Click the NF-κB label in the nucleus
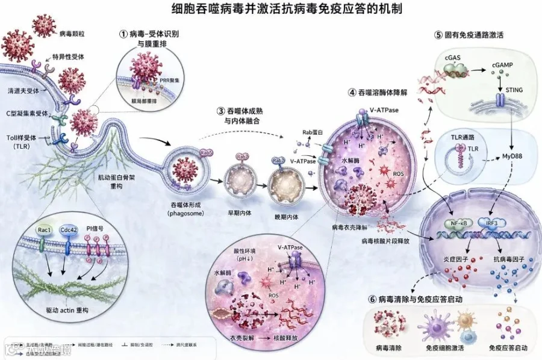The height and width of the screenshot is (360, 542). (x=458, y=225)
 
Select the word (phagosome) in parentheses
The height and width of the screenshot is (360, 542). (x=188, y=214)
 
